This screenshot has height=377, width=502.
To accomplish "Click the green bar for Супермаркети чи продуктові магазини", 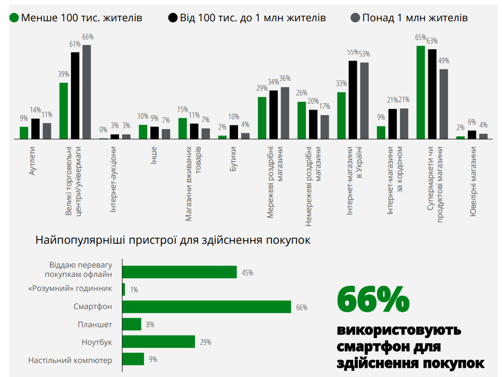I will click(x=421, y=92).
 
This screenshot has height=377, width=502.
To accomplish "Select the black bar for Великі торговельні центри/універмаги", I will click(x=75, y=95).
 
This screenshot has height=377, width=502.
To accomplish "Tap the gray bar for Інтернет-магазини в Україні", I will click(x=364, y=101).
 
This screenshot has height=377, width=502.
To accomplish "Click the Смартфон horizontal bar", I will click(x=206, y=306).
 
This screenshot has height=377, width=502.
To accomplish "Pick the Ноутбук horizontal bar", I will click(x=159, y=342).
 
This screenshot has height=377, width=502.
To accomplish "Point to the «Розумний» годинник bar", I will click(x=123, y=289).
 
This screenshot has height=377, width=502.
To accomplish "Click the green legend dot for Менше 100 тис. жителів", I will click(x=15, y=18).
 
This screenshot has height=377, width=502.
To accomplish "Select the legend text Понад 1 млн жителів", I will click(x=415, y=18).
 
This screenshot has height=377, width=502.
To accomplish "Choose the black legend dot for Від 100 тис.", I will click(x=173, y=18).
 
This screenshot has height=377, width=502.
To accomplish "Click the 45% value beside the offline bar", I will click(x=247, y=273).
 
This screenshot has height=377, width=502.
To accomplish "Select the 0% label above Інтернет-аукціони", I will click(x=103, y=130).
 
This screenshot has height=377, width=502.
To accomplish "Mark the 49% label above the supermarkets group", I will click(x=444, y=61).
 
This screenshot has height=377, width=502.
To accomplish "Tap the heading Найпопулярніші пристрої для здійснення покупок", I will click(x=173, y=241).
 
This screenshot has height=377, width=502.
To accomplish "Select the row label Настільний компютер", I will click(x=70, y=359).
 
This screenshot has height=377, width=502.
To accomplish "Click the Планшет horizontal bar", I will click(x=132, y=324).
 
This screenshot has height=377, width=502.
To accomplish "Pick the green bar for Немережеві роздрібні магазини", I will click(x=301, y=120).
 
